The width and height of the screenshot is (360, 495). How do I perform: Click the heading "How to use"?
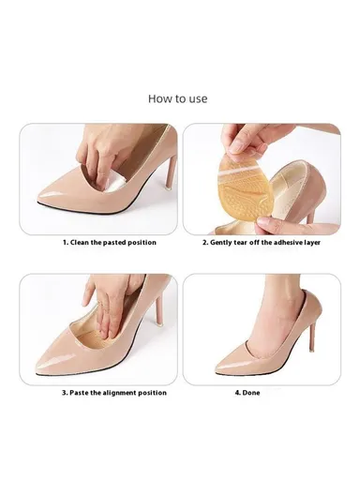(x=178, y=98)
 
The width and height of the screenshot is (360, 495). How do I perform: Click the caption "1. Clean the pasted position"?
(x=110, y=242)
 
